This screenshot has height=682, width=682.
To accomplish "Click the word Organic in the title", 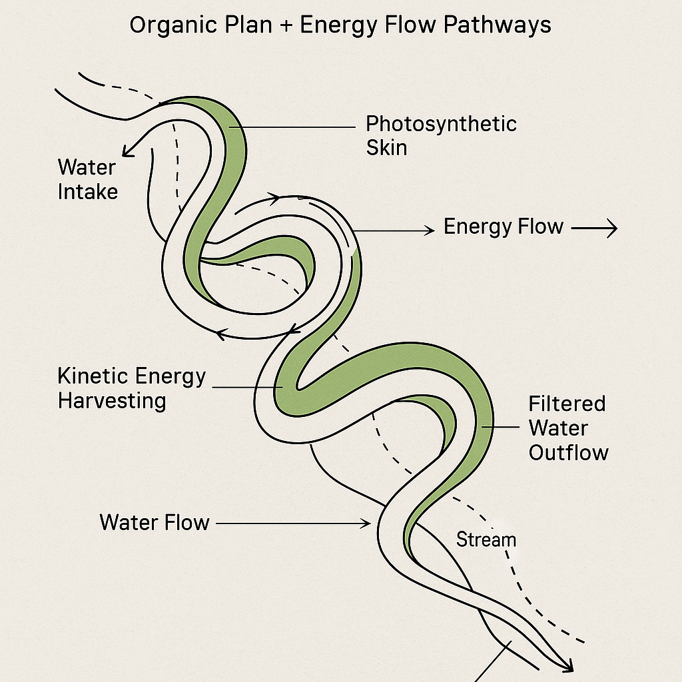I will point(169,25).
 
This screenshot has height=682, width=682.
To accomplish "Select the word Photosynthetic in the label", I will point(441,124).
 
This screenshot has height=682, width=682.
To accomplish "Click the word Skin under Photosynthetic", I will point(386,147).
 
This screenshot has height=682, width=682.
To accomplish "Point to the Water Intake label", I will point(87,179).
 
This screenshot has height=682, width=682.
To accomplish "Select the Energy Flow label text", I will point(504,227).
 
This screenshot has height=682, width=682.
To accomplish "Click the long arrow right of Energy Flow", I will point(594,228).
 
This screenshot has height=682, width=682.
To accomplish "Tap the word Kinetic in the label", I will point(93,376).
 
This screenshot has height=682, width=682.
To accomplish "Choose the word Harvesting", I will point(112,401).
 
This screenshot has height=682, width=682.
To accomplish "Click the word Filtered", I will point(567,404).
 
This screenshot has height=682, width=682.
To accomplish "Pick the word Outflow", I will point(568,453).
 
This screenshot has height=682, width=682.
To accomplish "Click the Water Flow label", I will point(155,522).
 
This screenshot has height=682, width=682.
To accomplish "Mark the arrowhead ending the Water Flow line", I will point(366,523).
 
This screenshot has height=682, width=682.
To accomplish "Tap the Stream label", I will point(486,539).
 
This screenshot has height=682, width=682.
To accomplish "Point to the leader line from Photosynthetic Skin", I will point(293,127).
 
